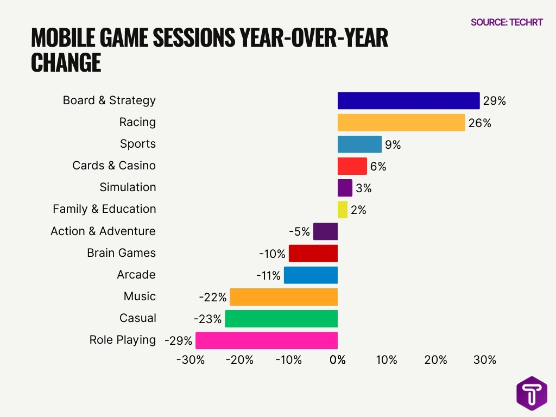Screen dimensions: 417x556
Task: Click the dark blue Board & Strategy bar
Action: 408,101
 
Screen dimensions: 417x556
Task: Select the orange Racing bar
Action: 401,123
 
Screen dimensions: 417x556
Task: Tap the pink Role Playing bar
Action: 267,340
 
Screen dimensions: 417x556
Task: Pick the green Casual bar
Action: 281,319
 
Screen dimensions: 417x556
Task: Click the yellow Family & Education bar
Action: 343,210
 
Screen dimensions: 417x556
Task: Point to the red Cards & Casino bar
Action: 352,166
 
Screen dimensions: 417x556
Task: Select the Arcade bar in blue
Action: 311,275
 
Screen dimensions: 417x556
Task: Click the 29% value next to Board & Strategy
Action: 495,102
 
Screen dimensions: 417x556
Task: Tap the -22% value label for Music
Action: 213,297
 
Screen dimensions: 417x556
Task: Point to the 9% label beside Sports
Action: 393,145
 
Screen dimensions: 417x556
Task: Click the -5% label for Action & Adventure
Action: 299,232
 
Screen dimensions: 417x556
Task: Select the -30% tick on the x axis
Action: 191,360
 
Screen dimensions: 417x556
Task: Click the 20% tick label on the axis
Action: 435,360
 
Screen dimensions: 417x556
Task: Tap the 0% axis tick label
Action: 338,360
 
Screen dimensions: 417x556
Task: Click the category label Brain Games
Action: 121,253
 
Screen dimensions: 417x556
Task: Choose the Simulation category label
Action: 128,187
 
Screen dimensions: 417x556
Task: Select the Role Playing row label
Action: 123,340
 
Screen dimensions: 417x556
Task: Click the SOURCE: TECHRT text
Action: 507,22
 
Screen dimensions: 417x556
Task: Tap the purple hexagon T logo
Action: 532,393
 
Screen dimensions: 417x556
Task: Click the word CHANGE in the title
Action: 66,63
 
